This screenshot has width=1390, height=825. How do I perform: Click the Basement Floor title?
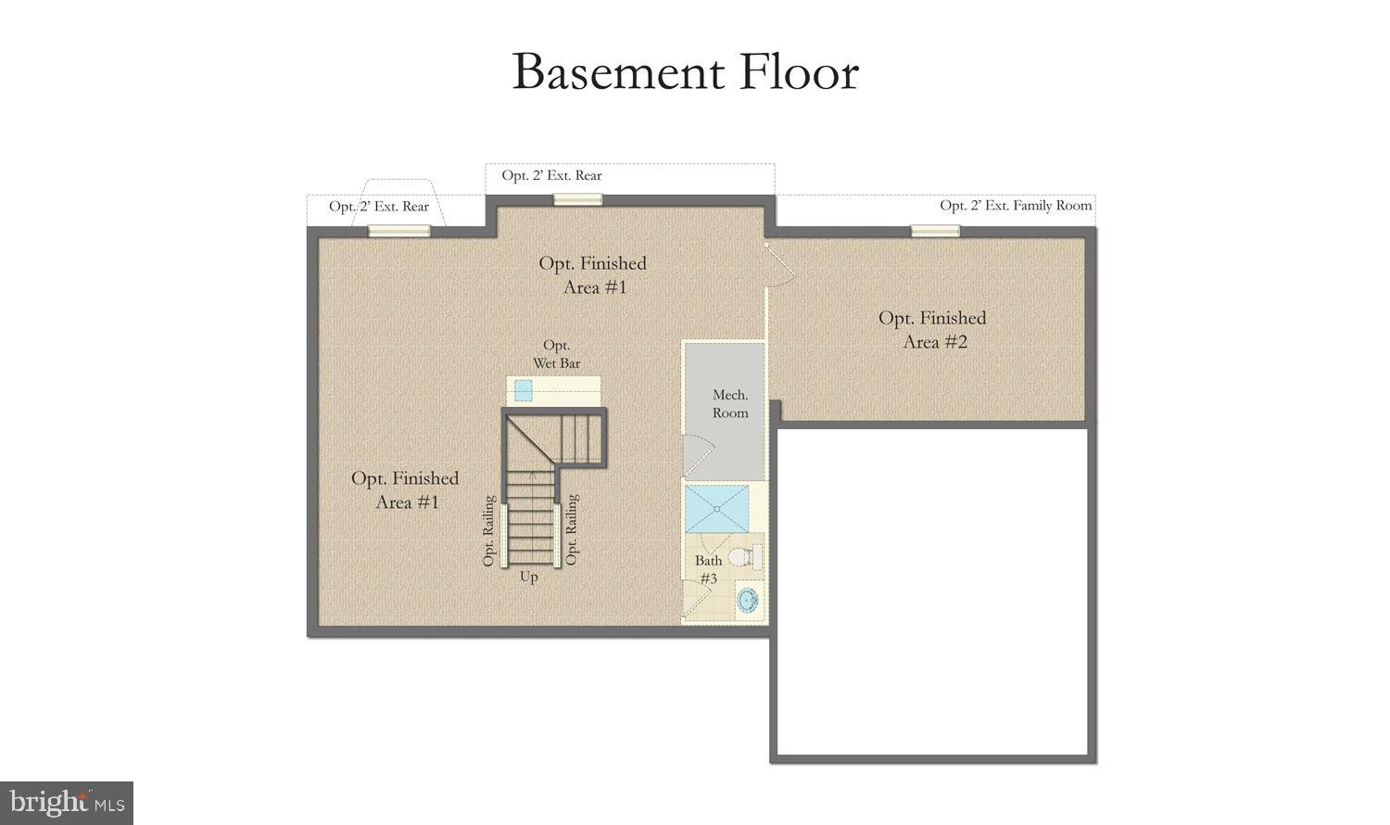685,72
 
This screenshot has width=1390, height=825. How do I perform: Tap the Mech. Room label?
730,404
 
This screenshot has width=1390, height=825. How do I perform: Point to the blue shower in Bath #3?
716,508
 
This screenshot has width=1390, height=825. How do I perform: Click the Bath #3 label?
708,569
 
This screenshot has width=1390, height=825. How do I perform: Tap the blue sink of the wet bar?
524,390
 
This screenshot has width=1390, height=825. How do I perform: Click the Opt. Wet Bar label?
556,354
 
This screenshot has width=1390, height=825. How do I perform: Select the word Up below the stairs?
528,577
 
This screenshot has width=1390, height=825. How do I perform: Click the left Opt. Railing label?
488,531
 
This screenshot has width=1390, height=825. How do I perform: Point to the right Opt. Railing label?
571,529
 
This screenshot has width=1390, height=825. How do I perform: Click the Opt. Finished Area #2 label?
932,330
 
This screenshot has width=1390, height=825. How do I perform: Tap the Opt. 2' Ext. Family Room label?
1016,205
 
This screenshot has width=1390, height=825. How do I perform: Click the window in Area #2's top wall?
935,231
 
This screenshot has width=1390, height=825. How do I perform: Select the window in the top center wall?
577,199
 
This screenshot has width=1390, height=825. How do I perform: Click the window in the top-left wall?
398,231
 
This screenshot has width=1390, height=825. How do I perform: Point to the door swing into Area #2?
780,263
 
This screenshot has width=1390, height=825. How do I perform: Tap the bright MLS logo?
67,803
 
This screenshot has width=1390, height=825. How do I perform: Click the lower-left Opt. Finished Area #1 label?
405,489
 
